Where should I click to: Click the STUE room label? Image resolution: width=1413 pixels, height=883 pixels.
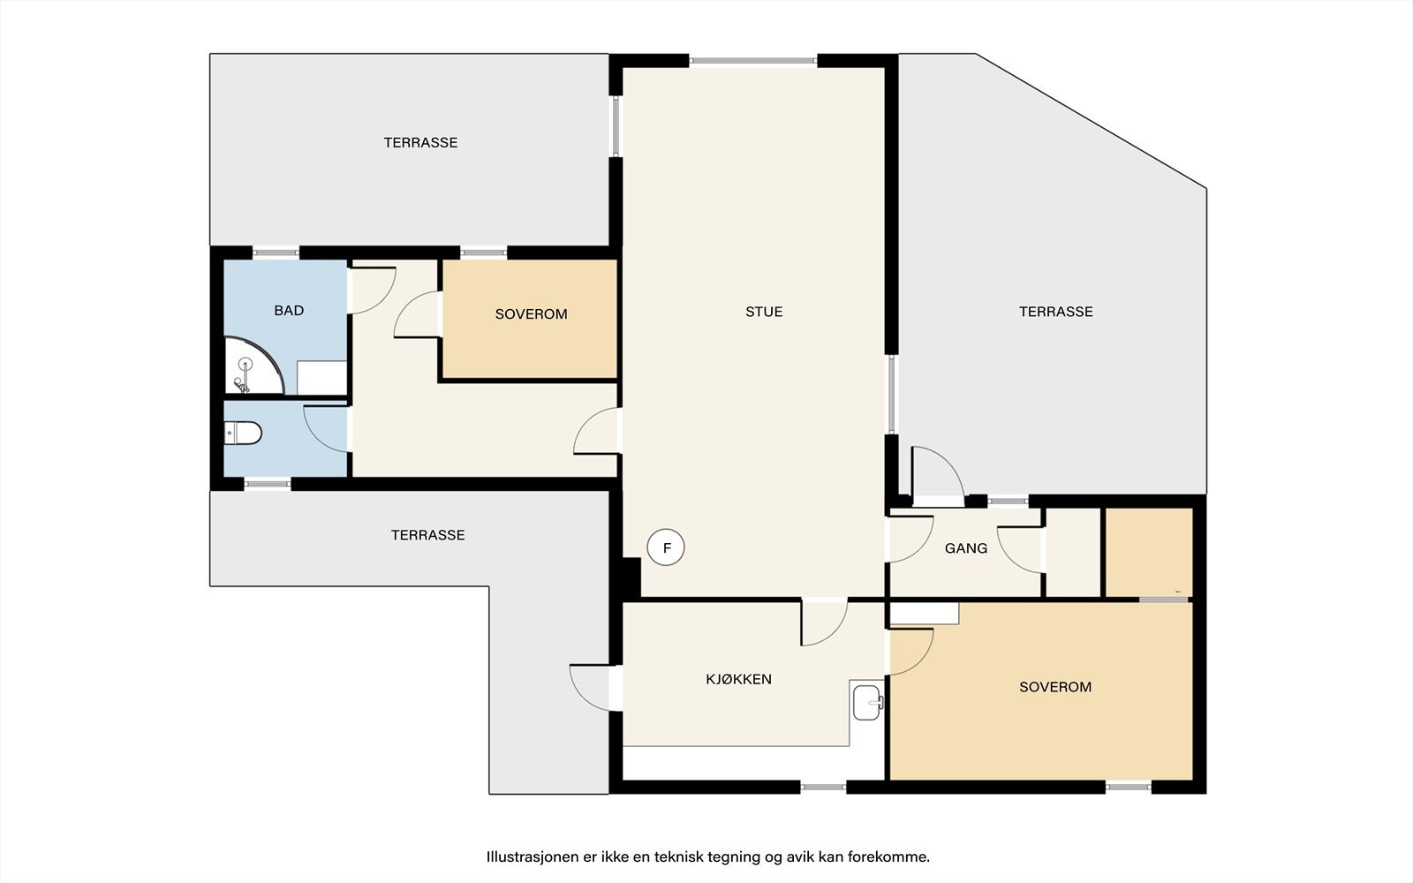(764, 312)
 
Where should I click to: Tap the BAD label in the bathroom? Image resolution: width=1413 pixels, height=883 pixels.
(289, 310)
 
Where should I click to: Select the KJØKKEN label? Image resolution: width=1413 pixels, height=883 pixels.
(738, 679)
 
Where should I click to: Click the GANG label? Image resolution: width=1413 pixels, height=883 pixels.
(966, 548)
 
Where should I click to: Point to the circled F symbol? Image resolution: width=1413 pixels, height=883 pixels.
(666, 547)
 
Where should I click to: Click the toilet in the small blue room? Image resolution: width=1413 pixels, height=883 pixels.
(244, 434)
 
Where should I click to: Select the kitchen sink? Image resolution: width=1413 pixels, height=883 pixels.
(867, 702)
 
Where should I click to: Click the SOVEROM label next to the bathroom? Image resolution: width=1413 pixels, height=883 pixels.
(531, 314)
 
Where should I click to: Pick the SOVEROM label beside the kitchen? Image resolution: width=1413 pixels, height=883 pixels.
(1055, 687)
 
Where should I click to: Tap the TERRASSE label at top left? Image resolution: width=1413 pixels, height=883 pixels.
(420, 142)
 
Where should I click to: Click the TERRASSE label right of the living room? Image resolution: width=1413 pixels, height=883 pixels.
(1056, 312)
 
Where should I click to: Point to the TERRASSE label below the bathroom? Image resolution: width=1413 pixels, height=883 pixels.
(427, 535)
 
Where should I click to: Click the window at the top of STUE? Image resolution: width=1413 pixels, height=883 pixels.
(752, 61)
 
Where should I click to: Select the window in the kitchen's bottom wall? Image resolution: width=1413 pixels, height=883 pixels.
(823, 787)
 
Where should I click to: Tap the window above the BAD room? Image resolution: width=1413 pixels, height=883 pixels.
(276, 253)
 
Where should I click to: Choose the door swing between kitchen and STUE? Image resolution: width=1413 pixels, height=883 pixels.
(824, 623)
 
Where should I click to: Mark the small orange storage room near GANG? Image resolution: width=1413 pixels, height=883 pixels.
(1149, 552)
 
